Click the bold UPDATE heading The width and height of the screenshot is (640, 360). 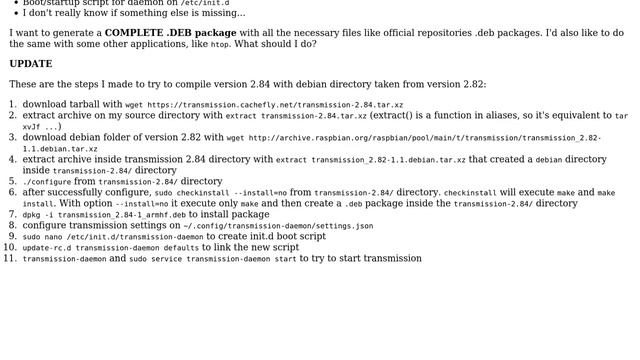click(x=31, y=64)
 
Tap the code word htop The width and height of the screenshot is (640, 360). click(x=219, y=45)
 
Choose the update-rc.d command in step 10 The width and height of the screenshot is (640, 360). click(x=110, y=248)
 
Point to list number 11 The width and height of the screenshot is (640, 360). click(x=11, y=258)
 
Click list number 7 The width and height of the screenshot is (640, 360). click(x=13, y=214)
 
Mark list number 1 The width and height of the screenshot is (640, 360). click(x=13, y=104)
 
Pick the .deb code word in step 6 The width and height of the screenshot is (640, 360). click(x=354, y=204)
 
